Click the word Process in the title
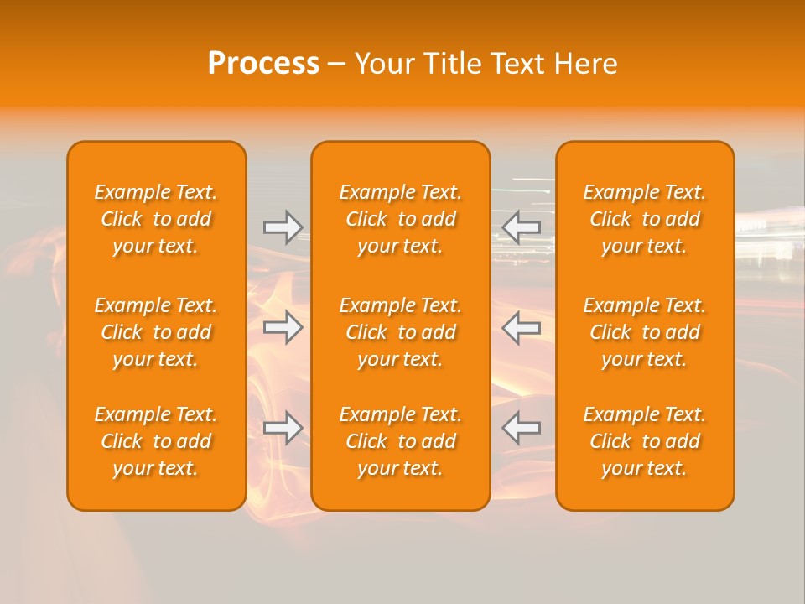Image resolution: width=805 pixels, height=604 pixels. coord(263,64)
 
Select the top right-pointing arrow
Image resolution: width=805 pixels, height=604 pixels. coord(283,226)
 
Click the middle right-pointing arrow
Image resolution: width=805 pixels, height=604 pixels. coord(283,327)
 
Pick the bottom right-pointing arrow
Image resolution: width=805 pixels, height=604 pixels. coord(283,428)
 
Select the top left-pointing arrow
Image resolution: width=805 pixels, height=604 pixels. coord(522,226)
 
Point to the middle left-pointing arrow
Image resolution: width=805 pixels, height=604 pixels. coord(522,327)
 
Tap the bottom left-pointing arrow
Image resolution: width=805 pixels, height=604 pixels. coord(522,428)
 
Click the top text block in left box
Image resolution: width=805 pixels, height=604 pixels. coord(156,219)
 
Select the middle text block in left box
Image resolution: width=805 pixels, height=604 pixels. coord(156,332)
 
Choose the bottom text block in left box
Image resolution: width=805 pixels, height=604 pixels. coord(156,441)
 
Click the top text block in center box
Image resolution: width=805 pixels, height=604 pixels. coord(401,219)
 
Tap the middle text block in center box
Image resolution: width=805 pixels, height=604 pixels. coord(401,332)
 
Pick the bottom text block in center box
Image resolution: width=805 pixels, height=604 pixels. coord(401,441)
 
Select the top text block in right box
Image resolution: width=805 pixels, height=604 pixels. coord(645,219)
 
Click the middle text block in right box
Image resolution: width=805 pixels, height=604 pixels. coord(645,332)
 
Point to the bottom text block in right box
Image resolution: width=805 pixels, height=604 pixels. coord(645,441)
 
